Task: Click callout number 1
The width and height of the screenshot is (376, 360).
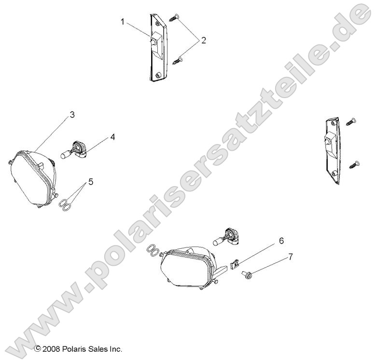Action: coord(123,21)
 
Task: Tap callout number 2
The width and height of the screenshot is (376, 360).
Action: coord(203,41)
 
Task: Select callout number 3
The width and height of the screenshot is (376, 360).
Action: coord(72,115)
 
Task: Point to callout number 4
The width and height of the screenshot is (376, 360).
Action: coord(112,137)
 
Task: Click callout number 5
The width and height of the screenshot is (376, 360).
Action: coord(90,182)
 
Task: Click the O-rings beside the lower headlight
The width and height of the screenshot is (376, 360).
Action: coord(153,250)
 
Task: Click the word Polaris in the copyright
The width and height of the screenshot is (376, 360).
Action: coord(74,348)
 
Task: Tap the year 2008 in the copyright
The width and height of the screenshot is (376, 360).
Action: coord(51,348)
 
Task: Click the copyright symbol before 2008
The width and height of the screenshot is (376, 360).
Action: coord(37,348)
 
